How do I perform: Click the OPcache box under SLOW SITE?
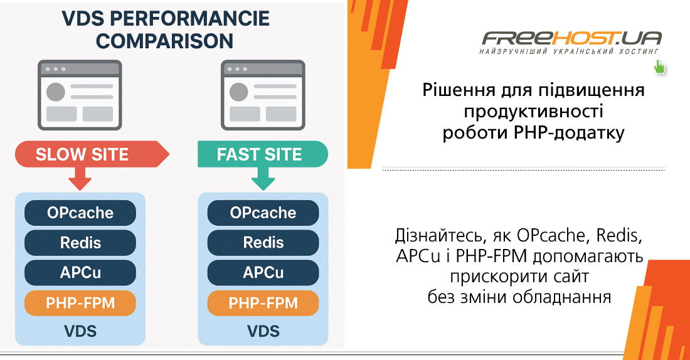click(80, 213)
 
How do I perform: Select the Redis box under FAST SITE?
click(263, 243)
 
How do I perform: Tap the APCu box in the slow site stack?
click(80, 272)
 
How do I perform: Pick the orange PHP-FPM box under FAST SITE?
click(263, 303)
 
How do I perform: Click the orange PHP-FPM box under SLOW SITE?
click(80, 303)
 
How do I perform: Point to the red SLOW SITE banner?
click(92, 154)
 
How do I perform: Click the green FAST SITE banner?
click(263, 154)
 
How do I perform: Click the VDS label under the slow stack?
click(80, 331)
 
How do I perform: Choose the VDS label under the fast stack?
click(263, 331)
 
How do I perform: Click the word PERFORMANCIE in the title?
click(189, 18)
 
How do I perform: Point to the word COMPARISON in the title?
click(164, 41)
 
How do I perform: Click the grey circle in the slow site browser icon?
click(56, 92)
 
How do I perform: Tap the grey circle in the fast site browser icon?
click(238, 92)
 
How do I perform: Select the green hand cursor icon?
click(659, 67)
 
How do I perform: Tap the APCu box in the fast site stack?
click(263, 272)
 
